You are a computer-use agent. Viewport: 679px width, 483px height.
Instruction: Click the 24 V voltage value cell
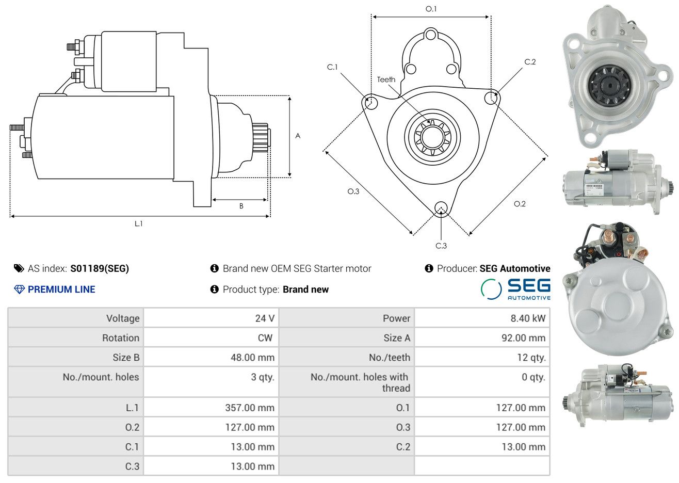point(265,318)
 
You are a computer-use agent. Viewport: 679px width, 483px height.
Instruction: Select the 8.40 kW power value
point(528,318)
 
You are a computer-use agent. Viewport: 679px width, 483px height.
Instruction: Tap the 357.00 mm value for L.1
point(250,408)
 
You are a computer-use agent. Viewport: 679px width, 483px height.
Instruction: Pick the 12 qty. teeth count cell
point(531,358)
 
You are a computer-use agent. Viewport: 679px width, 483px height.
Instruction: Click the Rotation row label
point(121,338)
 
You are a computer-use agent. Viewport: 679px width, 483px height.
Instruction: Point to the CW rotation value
point(265,338)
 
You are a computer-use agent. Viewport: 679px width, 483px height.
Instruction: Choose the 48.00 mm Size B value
point(252,358)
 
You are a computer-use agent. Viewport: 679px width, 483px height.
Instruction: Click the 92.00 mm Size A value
point(523,338)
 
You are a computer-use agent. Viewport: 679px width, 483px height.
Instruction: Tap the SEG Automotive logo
point(515,289)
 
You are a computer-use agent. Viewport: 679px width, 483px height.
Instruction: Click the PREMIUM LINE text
point(61,289)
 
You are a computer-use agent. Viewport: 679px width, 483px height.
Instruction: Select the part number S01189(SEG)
point(100,268)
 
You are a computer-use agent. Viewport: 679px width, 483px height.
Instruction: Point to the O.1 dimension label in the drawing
point(431,9)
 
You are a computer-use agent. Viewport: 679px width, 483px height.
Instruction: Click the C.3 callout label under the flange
point(441,246)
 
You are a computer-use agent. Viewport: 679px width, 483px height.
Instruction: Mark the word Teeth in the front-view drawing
point(386,79)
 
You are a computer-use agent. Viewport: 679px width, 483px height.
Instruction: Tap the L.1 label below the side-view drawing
point(138,224)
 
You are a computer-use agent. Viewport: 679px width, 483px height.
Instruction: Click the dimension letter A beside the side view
point(298,136)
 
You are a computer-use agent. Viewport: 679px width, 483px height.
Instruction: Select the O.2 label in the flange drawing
point(520,204)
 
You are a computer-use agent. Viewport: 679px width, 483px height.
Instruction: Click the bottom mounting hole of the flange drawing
point(441,208)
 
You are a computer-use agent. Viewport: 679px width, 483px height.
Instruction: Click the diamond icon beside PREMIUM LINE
point(19,289)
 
